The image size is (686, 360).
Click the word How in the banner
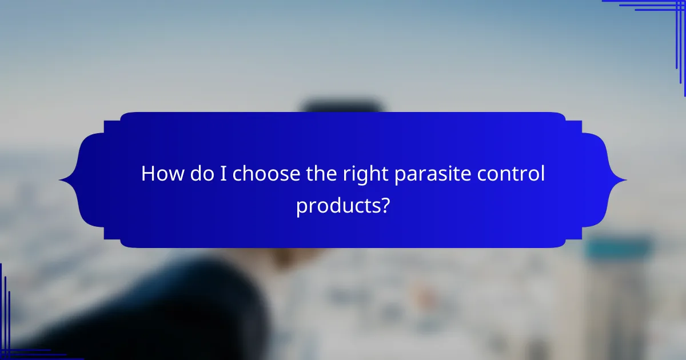point(161,173)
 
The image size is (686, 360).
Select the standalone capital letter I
point(223,173)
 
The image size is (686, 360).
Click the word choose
point(261,174)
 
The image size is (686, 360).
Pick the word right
point(358,174)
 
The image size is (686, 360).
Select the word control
point(510,173)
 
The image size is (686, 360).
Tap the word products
point(337,205)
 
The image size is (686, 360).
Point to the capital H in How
point(147,173)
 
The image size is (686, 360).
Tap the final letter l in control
point(543,173)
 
